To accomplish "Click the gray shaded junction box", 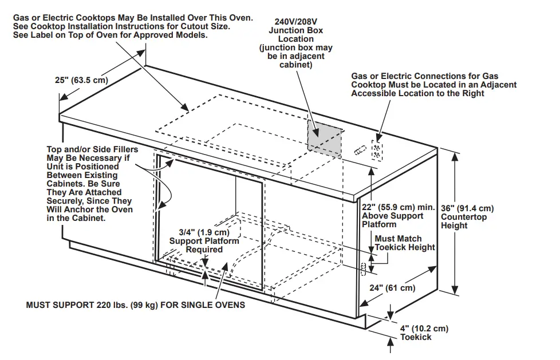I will [324, 136].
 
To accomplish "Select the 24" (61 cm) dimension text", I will [392, 288].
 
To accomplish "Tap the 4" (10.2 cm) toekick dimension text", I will [424, 328].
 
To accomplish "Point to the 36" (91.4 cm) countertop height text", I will [467, 208].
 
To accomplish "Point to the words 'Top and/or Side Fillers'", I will [92, 150].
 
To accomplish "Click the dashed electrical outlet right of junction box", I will [377, 151].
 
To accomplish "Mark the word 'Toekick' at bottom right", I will [416, 337].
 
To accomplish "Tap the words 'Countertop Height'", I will [464, 221].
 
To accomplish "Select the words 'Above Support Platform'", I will [393, 220].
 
